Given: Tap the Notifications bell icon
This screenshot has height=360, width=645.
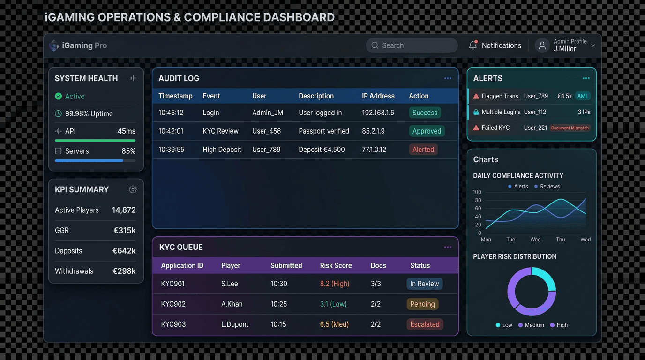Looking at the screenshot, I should tap(473, 45).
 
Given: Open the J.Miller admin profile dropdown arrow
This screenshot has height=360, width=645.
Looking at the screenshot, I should tap(593, 45).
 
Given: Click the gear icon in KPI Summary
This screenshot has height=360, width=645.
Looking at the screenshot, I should tap(133, 189).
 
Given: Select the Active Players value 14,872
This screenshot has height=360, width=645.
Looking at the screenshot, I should tap(124, 210).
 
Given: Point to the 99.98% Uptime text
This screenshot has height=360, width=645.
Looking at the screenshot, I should tap(89, 113).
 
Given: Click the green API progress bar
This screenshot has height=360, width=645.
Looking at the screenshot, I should tap(95, 140).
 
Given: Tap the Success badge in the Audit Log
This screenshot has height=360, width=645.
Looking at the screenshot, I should tap(425, 112).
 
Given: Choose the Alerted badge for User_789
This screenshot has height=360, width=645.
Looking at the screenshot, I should tap(423, 150).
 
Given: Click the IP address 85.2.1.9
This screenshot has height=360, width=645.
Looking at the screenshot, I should tap(373, 131).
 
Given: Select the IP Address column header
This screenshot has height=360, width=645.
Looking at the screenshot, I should tap(378, 96).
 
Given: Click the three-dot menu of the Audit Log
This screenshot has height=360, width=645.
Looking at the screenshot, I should tap(448, 78).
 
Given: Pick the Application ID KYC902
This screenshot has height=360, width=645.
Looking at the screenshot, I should tap(173, 304).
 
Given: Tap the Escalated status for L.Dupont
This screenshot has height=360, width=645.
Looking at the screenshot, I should tap(425, 324).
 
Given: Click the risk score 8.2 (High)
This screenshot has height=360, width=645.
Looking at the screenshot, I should tap(334, 284).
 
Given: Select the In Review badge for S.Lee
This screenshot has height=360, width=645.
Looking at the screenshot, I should tap(424, 284).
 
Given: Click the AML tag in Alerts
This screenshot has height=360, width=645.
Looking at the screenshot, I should tap(583, 96).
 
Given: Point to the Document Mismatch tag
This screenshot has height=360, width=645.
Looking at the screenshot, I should tap(570, 127).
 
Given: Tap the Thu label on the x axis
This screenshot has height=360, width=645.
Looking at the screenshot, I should tap(560, 240).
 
